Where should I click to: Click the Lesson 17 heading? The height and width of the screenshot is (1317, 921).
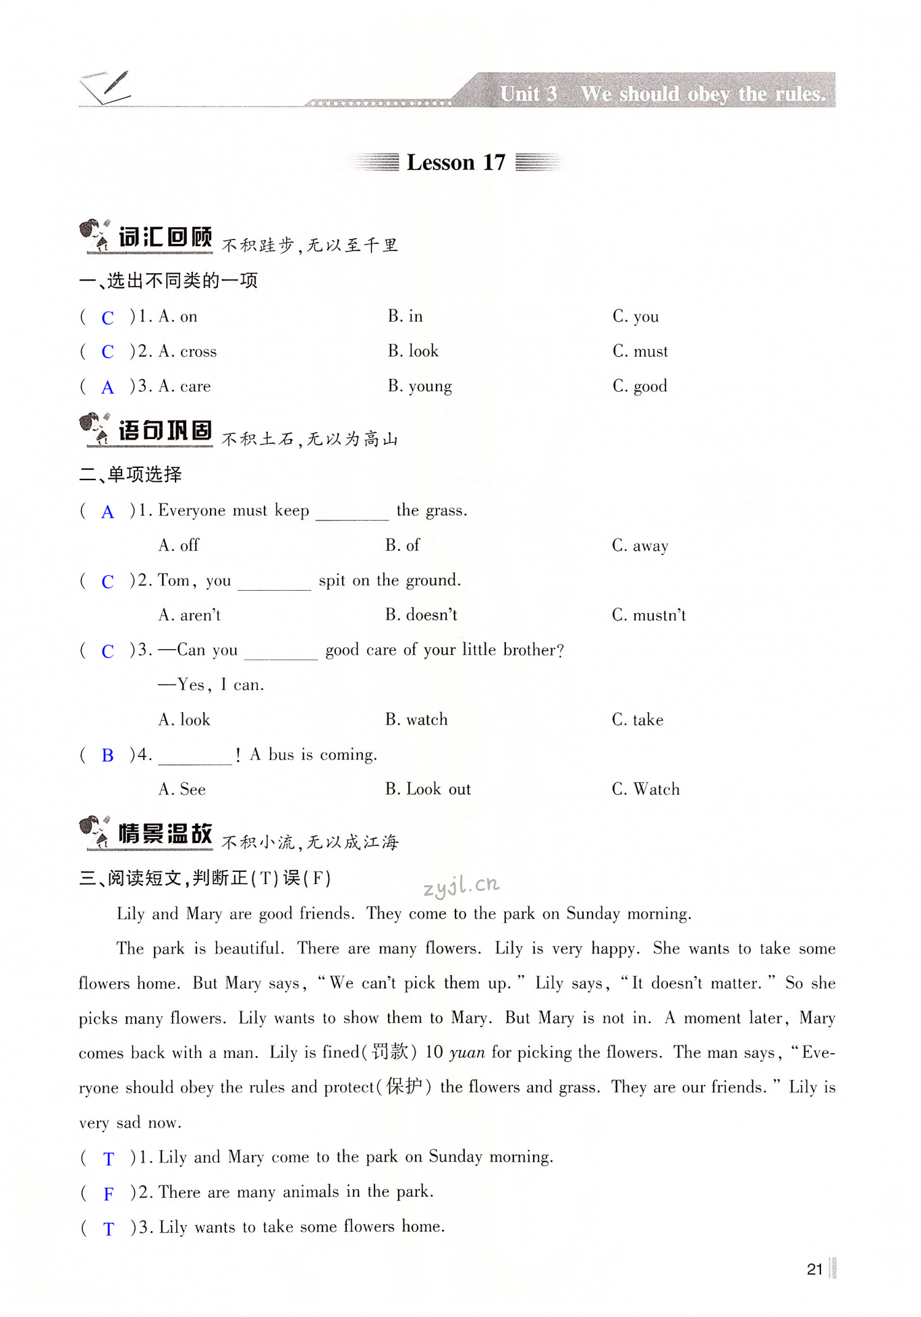click(x=456, y=163)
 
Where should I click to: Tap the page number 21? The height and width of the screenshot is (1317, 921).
click(x=814, y=1269)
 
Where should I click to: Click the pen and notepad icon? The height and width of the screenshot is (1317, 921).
click(x=106, y=87)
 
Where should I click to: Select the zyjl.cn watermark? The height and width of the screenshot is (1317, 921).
click(x=461, y=885)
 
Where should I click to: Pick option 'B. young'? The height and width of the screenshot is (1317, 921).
click(x=420, y=386)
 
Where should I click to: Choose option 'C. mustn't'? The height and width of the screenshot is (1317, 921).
click(x=648, y=615)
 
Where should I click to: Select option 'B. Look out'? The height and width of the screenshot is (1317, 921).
click(x=428, y=790)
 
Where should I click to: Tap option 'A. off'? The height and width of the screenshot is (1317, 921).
click(x=179, y=545)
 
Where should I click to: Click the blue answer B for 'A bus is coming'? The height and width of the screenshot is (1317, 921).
click(x=107, y=756)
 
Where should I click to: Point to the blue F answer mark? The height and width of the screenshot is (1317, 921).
click(x=109, y=1194)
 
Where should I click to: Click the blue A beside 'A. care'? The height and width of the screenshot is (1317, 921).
click(x=107, y=387)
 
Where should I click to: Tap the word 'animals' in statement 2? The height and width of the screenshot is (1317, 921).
click(x=310, y=1192)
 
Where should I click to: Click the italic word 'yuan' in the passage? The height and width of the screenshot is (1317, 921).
click(x=467, y=1053)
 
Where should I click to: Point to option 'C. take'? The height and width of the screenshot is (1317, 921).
click(x=637, y=720)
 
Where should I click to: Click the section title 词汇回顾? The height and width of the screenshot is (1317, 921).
click(x=165, y=238)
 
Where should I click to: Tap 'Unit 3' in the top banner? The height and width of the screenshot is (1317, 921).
click(x=528, y=94)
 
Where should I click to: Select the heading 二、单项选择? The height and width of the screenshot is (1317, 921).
click(x=131, y=475)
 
